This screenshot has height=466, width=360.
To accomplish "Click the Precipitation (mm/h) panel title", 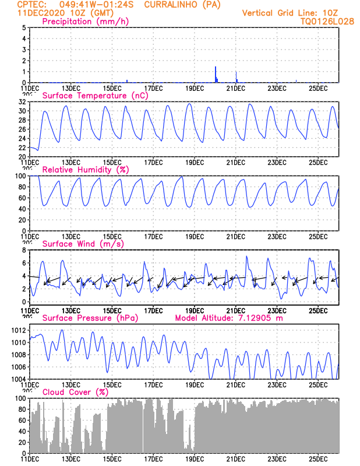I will (x=86, y=22).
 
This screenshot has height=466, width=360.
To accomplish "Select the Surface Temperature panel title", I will (x=96, y=96).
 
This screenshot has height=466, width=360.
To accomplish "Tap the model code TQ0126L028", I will (x=328, y=21).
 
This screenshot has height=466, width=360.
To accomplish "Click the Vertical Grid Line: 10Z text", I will (x=290, y=13).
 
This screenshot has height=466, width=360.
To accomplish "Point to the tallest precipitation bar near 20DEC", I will (x=216, y=75).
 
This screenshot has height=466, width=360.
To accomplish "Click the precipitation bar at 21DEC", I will (x=236, y=77).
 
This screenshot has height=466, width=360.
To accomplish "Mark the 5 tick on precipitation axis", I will (x=23, y=27).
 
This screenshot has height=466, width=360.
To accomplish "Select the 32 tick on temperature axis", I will (x=22, y=101).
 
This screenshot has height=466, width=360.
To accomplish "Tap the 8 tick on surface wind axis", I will (x=23, y=249).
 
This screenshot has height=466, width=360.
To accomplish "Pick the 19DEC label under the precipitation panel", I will (x=194, y=89).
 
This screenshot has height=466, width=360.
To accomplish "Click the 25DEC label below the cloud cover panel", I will (x=318, y=459).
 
